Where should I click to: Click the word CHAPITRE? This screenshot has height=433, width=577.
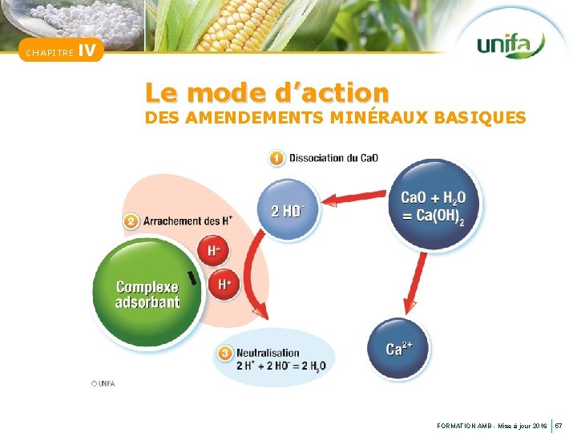(49, 54)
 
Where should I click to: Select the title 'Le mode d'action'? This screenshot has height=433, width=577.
(267, 92)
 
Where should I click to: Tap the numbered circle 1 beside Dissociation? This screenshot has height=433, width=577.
(276, 158)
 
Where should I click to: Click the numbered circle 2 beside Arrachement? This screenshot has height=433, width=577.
(131, 220)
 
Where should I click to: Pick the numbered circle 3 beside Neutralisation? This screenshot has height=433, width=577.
(224, 352)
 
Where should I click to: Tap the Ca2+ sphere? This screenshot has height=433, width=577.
(398, 348)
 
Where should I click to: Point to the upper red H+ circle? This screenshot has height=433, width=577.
(214, 251)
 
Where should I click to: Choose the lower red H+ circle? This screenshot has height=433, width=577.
(224, 284)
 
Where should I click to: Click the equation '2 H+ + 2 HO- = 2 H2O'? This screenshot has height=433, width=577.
(280, 366)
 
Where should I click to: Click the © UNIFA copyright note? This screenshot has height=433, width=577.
(103, 383)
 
